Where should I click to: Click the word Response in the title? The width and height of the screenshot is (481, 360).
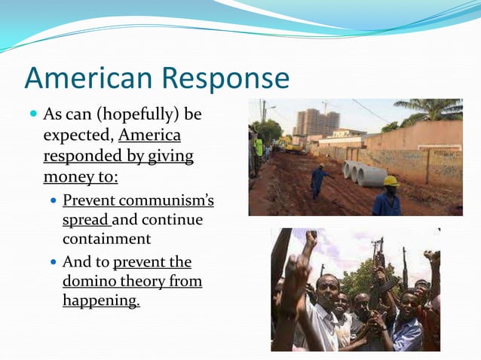[x=226, y=79]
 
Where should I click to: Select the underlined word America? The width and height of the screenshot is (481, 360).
[x=149, y=136]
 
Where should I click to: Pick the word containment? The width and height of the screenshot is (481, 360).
[x=106, y=239]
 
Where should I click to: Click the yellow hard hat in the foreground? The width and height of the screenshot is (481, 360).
[x=391, y=181]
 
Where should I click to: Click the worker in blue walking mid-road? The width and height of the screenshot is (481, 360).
[x=320, y=182]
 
